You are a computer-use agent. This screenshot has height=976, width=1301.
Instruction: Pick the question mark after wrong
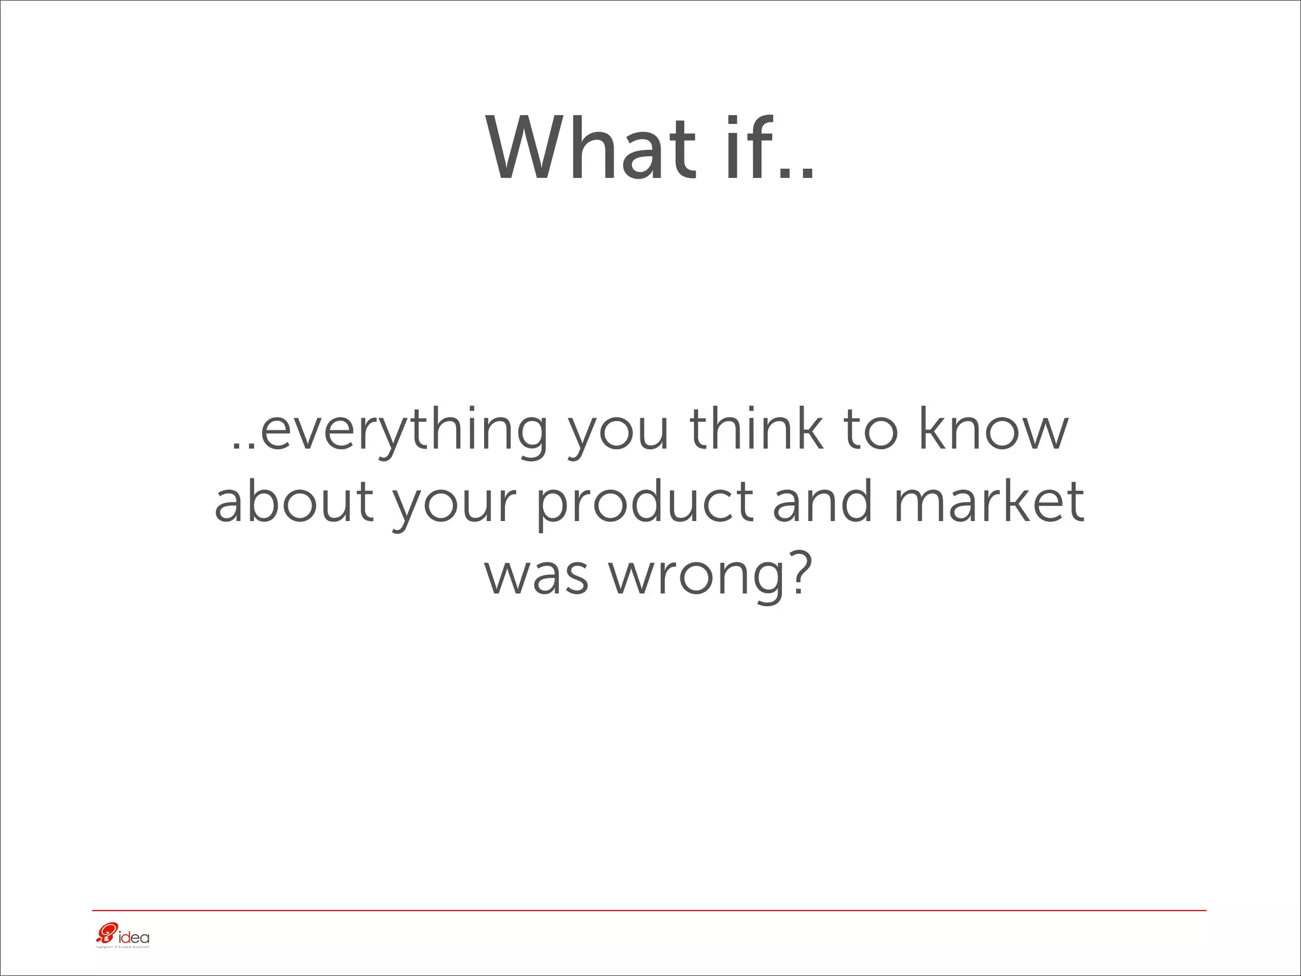pos(798,572)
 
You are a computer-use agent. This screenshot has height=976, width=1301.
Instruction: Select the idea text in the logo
pos(133,937)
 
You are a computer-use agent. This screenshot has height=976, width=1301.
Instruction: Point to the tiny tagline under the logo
pos(121,947)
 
